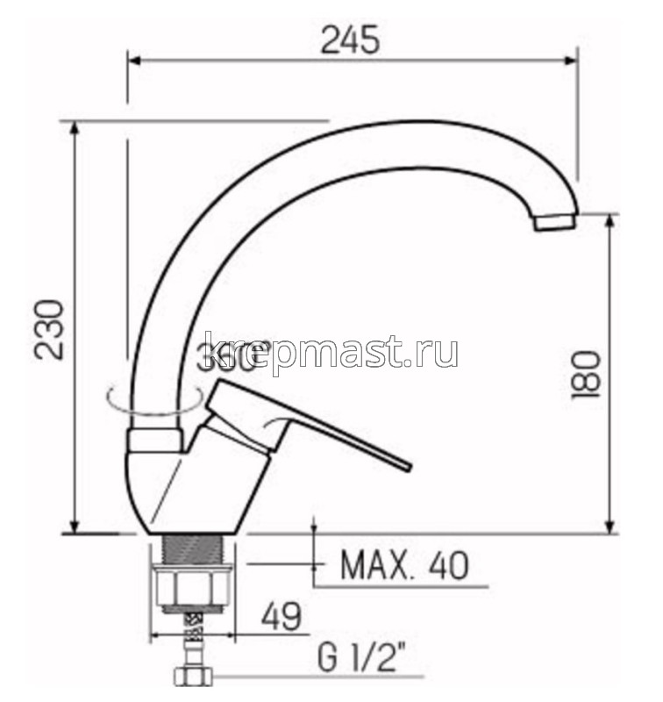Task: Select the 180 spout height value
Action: (584, 376)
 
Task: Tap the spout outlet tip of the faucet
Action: (555, 223)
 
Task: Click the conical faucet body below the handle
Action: (184, 491)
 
